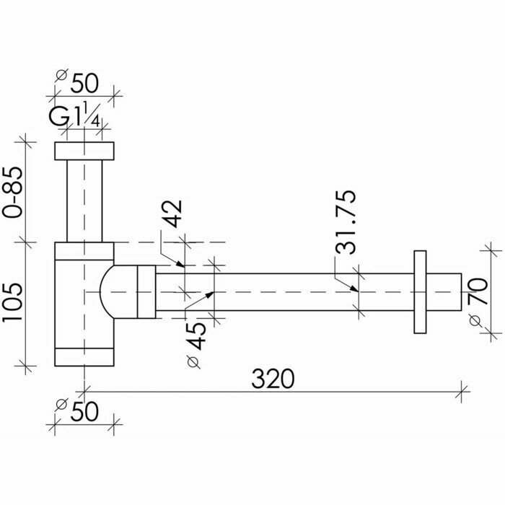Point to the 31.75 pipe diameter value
tap(347, 222)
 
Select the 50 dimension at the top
tap(84, 82)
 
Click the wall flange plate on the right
tap(420, 291)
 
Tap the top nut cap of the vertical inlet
tap(84, 151)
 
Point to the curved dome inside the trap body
tap(109, 291)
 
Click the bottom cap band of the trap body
tap(84, 357)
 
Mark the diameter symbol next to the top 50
tap(61, 74)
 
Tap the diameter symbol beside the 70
tap(475, 318)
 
